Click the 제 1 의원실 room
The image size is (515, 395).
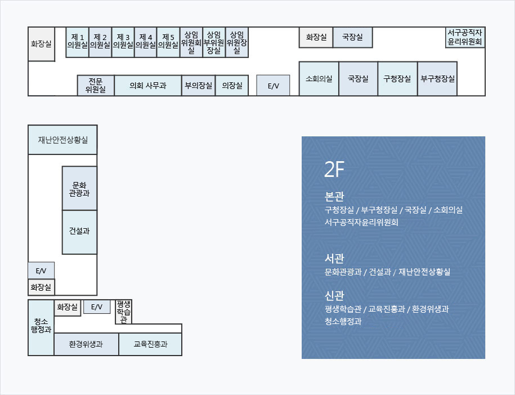click(x=78, y=42)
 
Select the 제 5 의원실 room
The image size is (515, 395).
click(x=168, y=42)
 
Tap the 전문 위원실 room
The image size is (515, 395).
click(x=96, y=86)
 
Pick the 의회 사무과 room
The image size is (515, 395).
click(x=148, y=86)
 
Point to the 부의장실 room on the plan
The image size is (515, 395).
click(x=198, y=86)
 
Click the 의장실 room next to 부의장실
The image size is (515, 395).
click(x=232, y=86)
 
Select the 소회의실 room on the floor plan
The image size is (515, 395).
click(x=319, y=78)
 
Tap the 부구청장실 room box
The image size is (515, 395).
click(x=437, y=78)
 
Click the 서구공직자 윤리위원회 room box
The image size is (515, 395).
click(x=465, y=38)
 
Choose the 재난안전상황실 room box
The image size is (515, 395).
click(x=62, y=140)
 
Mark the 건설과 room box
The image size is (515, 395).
click(x=79, y=232)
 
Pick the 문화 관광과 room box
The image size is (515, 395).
click(x=79, y=188)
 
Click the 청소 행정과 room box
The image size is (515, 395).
click(x=41, y=327)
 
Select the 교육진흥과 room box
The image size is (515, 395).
click(x=150, y=344)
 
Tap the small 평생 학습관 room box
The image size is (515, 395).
click(x=123, y=312)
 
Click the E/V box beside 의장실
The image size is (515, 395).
click(x=273, y=86)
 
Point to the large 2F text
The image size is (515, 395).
click(x=334, y=170)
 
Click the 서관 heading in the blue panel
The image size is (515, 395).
click(x=334, y=259)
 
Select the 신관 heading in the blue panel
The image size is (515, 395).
click(x=334, y=296)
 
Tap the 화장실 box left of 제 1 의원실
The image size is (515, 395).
click(x=42, y=44)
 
